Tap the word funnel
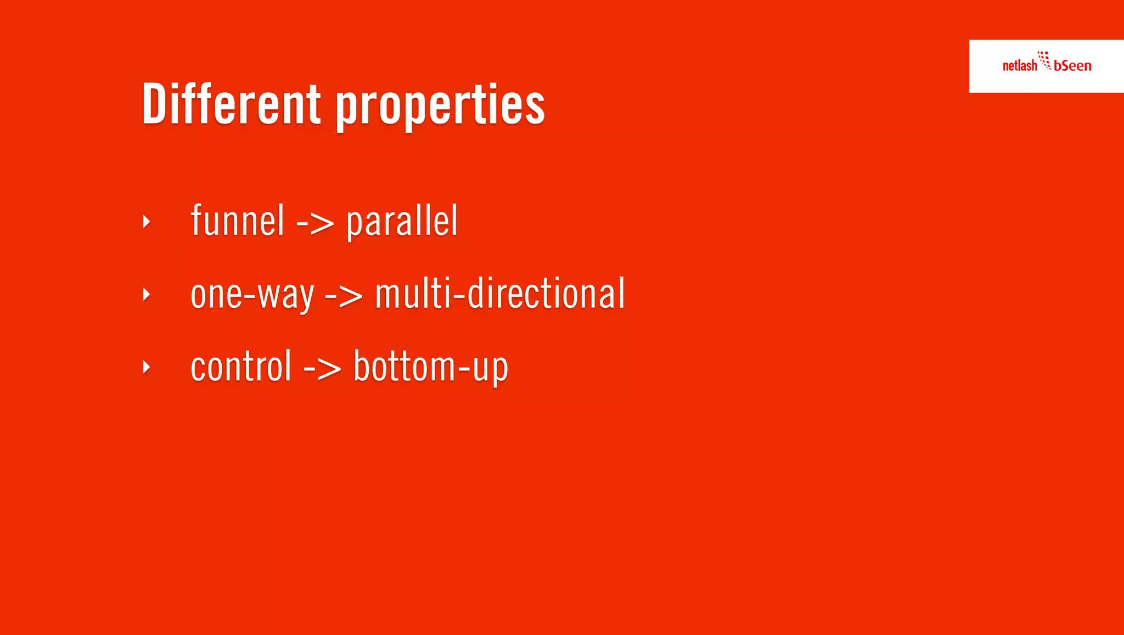tap(237, 221)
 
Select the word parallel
tap(402, 222)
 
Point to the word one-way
tap(252, 294)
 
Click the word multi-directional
tap(499, 294)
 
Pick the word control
tap(240, 367)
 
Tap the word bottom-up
tap(431, 367)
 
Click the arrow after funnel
tap(315, 223)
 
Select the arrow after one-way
tap(344, 296)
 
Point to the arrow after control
tap(322, 368)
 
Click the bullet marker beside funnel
tap(146, 222)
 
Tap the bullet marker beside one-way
tap(146, 295)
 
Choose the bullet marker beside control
tap(146, 367)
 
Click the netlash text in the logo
tap(1019, 66)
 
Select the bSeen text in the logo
tap(1072, 66)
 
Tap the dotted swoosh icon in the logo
tap(1044, 60)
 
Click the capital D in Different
tap(154, 103)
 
